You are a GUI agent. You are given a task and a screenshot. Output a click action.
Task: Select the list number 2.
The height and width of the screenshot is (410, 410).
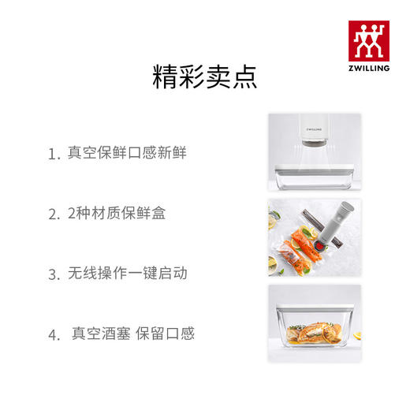(x=53, y=214)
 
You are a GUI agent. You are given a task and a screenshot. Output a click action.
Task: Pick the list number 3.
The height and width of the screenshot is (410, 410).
(x=53, y=275)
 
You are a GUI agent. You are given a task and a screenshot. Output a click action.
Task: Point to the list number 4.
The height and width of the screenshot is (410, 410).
(x=53, y=335)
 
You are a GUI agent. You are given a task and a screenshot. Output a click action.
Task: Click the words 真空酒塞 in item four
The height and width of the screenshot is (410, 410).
(x=98, y=334)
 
